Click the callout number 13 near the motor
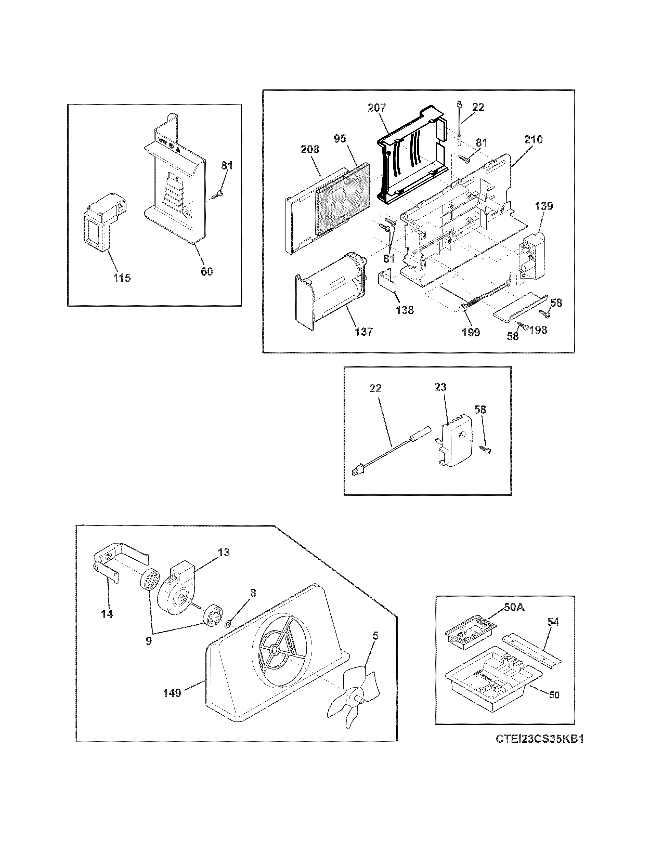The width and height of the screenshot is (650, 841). click(224, 553)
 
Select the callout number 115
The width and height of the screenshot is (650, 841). click(122, 278)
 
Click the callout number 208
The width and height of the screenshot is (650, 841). click(310, 149)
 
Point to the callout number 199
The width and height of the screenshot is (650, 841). click(471, 332)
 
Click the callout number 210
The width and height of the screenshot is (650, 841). click(533, 140)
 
